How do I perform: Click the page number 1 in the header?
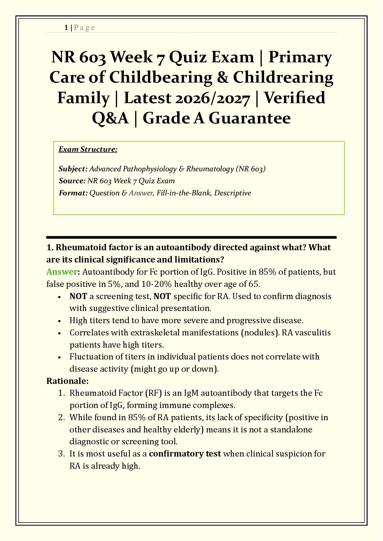tap(66, 28)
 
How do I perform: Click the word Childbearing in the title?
tap(160, 77)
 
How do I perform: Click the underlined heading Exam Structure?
tap(88, 149)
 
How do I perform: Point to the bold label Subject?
tap(73, 169)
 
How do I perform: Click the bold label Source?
tap(72, 181)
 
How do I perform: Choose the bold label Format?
tap(73, 193)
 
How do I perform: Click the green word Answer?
tap(62, 272)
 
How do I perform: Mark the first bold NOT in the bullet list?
tap(78, 296)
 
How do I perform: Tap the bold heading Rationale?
tap(67, 381)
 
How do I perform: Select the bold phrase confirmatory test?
tap(185, 454)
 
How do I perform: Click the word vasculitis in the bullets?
tap(314, 333)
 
